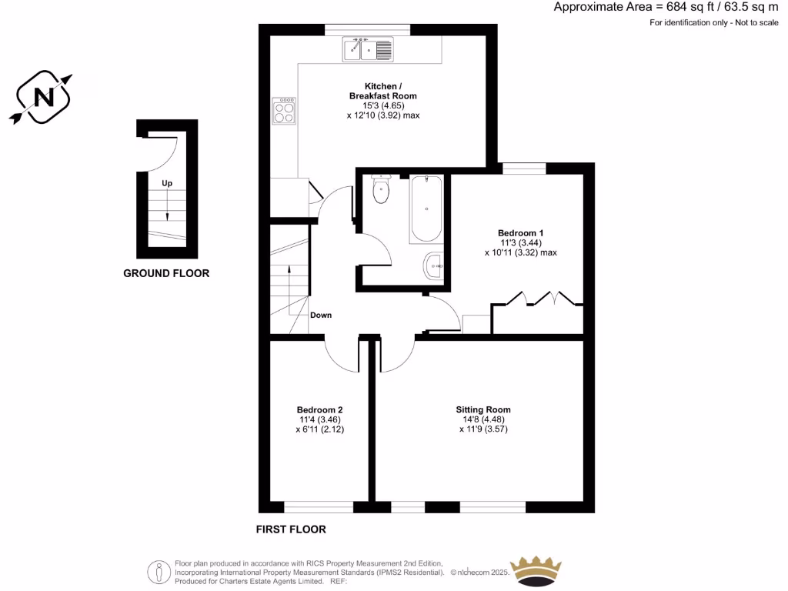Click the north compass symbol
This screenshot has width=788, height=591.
tap(45, 97)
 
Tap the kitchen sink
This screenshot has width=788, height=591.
tap(369, 49)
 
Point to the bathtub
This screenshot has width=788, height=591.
tap(426, 209)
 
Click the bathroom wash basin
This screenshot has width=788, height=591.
tap(434, 267)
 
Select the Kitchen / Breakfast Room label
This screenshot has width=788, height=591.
tap(382, 91)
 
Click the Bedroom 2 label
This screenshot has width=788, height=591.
tap(319, 409)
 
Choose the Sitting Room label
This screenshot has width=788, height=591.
tap(483, 409)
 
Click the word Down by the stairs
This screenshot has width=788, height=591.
tap(321, 316)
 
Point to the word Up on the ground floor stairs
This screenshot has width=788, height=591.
tap(167, 184)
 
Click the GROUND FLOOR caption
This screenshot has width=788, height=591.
tap(166, 273)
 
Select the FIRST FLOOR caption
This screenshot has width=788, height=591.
tap(291, 529)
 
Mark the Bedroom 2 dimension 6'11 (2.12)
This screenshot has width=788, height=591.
tap(319, 430)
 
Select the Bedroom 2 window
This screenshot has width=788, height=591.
tap(319, 506)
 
